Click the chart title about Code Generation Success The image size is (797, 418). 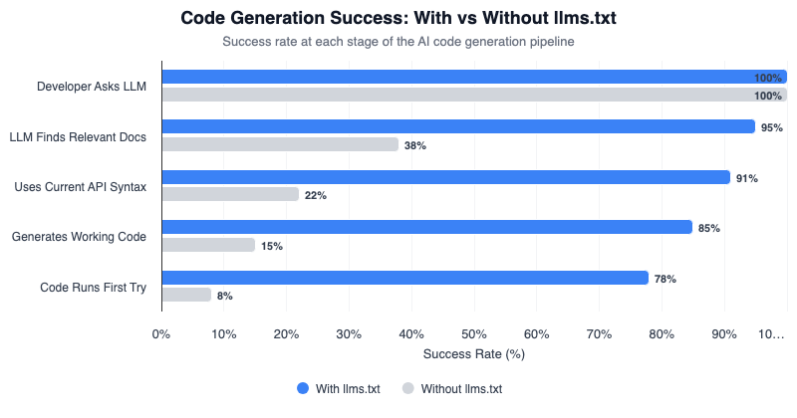point(398,18)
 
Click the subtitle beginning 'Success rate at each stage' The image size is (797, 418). point(398,42)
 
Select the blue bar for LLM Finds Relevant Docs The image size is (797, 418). point(458,126)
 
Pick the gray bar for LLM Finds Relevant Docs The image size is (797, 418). point(280,144)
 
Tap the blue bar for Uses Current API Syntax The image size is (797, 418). point(445,177)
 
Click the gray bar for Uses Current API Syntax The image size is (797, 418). point(230,194)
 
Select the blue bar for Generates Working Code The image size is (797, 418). point(426,227)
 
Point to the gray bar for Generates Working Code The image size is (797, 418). point(208,245)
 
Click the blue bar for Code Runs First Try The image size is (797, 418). point(404,278)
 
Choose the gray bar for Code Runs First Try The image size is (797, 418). point(186,295)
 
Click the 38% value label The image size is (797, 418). point(415,145)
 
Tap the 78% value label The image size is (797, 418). point(665,279)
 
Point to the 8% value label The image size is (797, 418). point(225,296)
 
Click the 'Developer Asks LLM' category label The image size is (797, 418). point(92,86)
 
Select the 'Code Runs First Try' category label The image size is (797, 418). point(93,287)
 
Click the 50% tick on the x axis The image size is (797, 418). point(474,333)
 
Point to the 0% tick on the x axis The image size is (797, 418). point(161,333)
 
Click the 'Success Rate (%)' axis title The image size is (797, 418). point(474,353)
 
